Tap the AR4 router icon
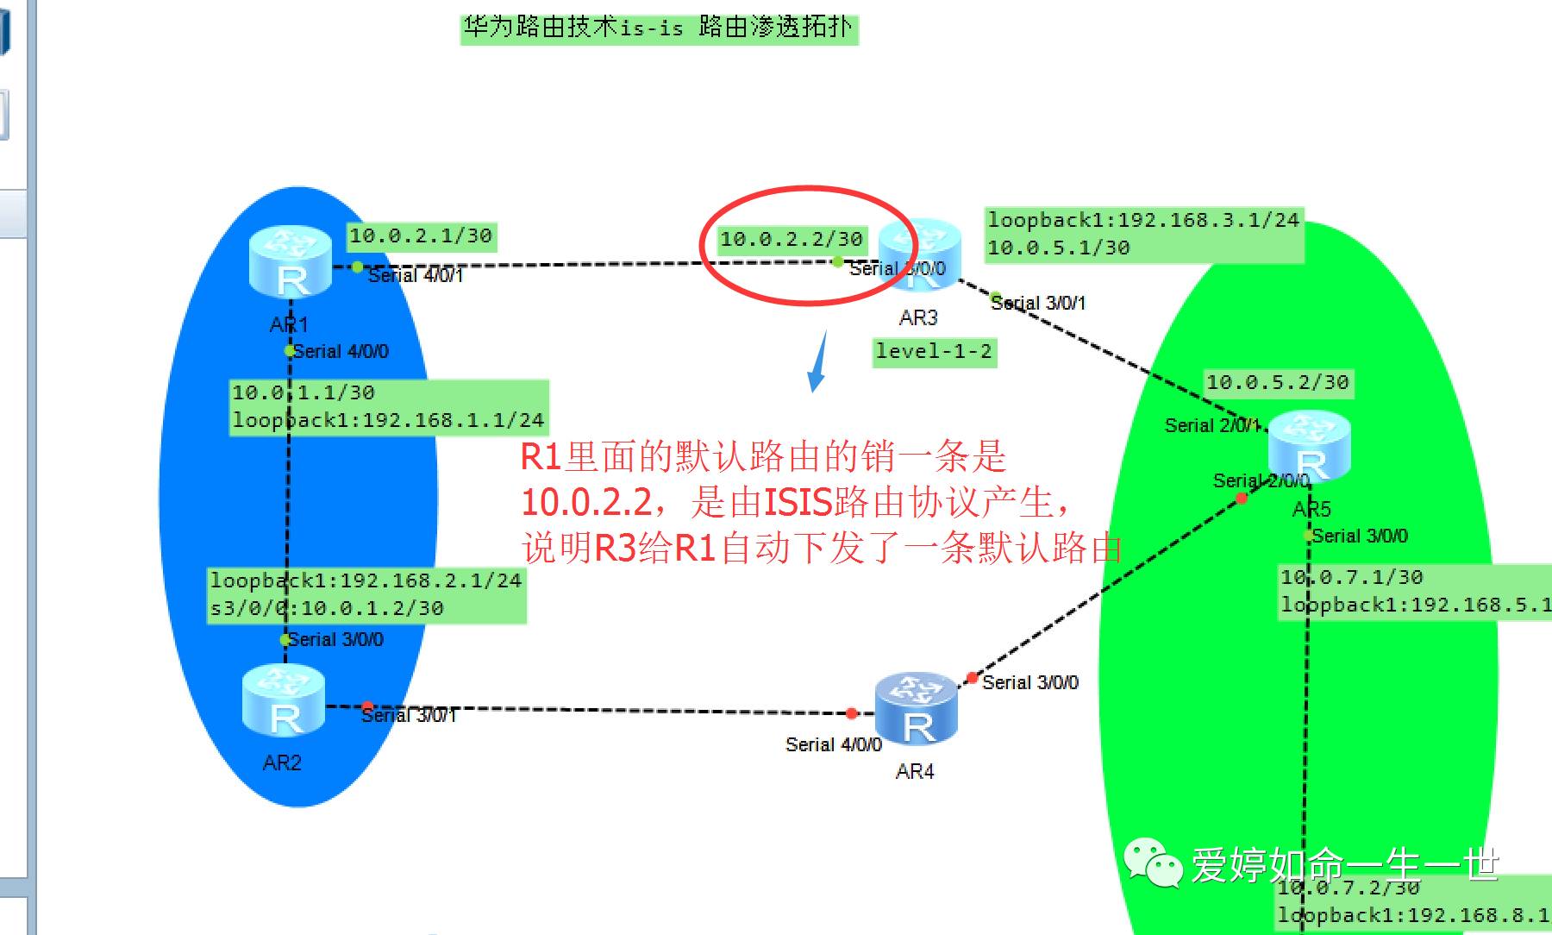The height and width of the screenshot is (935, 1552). [917, 709]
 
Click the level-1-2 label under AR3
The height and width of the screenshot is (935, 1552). [934, 351]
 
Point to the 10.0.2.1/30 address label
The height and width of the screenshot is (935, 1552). [421, 235]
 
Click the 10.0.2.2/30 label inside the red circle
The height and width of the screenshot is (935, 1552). [792, 239]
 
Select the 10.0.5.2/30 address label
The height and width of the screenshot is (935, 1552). [1277, 382]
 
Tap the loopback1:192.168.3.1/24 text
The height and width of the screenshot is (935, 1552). [1142, 220]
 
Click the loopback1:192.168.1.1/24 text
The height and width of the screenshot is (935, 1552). [388, 420]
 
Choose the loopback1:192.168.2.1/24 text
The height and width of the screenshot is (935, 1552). [366, 580]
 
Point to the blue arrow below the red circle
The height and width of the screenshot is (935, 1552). [817, 363]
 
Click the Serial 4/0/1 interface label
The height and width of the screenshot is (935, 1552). [415, 275]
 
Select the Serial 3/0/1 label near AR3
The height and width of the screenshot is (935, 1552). [1037, 303]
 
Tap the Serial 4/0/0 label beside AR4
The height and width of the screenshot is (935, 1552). [833, 744]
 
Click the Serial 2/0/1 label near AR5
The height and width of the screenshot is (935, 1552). [1211, 425]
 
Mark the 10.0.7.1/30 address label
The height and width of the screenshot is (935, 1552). [1351, 577]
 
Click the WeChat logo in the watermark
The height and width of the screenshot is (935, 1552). [1153, 863]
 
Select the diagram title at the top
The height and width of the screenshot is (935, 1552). [658, 28]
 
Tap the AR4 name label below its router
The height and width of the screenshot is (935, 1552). [915, 771]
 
